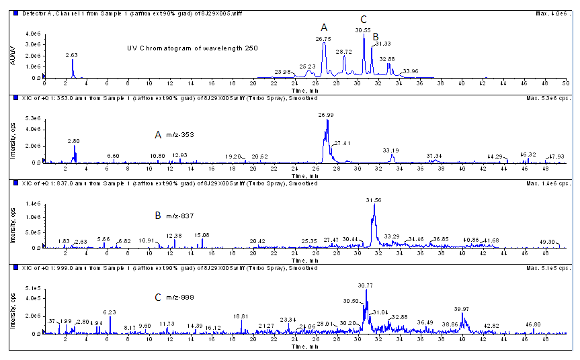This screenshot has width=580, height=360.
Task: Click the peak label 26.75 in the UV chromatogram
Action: coord(323,40)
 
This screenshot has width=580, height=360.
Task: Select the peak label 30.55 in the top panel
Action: coord(363,30)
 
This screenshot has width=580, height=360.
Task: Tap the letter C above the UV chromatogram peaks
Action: coord(364,19)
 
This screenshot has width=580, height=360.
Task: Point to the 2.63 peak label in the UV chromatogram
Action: coord(73,54)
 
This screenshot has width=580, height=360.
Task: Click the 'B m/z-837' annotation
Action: coord(177,216)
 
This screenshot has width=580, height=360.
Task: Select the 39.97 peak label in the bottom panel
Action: coord(461,309)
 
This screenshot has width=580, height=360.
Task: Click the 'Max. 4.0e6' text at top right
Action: coord(554,13)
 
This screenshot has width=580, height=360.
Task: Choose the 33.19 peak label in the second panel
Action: coord(391,150)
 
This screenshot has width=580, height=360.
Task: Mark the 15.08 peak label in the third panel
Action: coord(202,234)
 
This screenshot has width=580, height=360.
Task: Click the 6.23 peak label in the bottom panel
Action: coord(110,312)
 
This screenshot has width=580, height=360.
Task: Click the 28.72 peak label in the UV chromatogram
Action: coord(343,52)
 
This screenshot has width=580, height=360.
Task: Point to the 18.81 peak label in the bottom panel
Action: coord(241,316)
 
